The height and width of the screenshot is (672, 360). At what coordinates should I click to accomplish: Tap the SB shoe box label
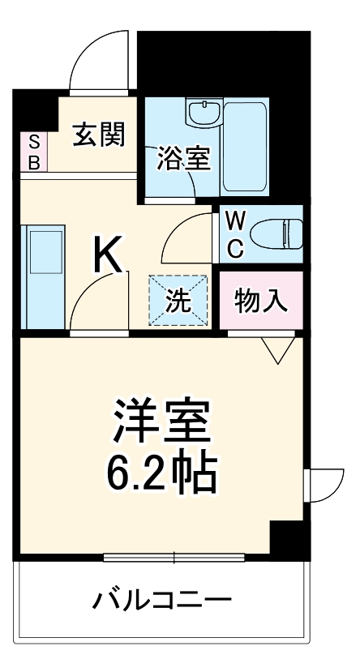tap(34, 152)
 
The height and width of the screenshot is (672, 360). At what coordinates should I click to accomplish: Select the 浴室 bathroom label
tap(183, 158)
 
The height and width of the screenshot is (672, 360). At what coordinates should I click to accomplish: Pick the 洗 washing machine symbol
tap(178, 301)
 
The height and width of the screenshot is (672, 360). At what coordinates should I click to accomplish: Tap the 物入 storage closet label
tap(261, 301)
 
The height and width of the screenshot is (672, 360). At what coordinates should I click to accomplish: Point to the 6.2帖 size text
tap(163, 474)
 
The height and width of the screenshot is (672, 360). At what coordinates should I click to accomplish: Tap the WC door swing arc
tap(188, 234)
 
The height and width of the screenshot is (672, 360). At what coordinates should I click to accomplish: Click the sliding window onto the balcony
tap(174, 558)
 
